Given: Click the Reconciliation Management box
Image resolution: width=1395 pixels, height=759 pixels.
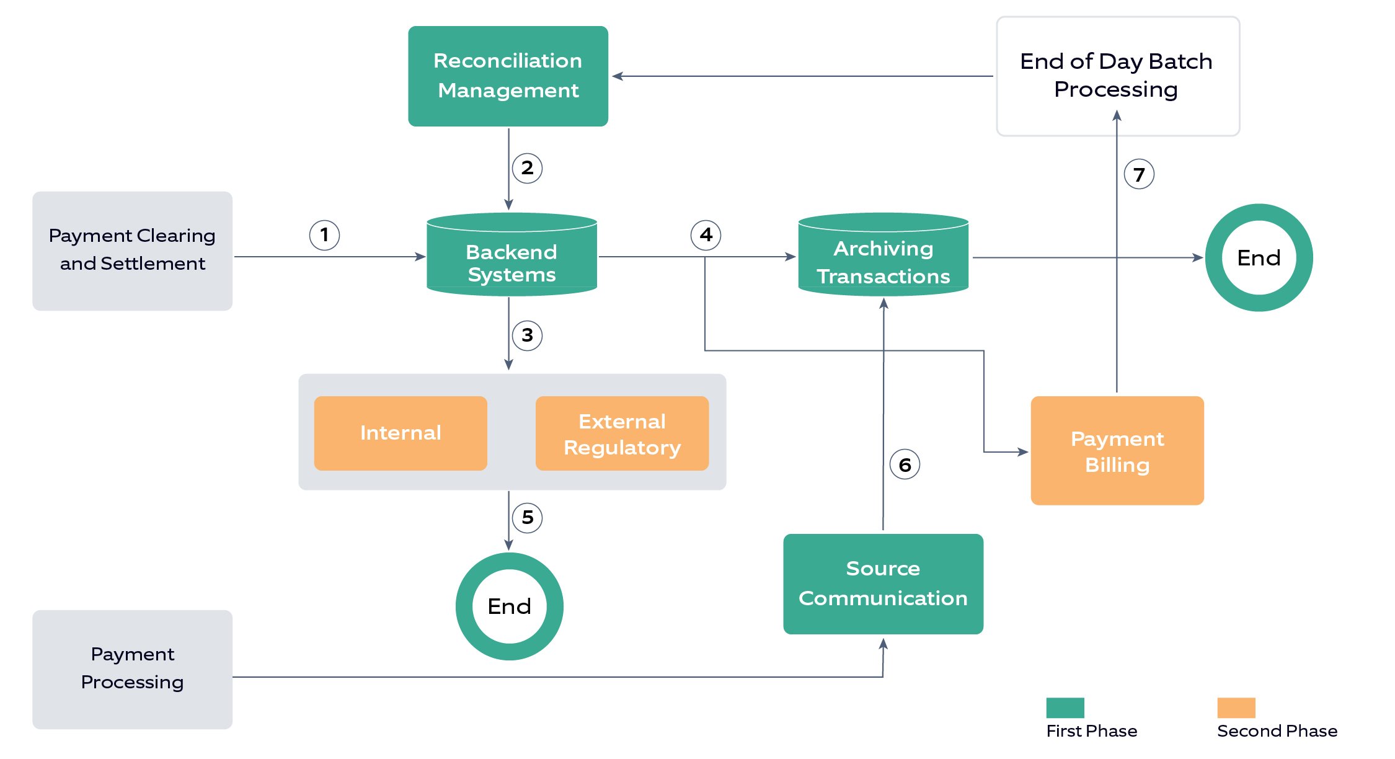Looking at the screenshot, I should [x=508, y=76].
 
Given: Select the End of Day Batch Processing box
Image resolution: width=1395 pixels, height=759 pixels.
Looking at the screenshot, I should [x=1117, y=76].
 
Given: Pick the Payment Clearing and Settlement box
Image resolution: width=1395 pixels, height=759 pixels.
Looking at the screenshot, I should [x=132, y=251].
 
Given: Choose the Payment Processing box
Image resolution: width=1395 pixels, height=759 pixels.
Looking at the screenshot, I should [x=132, y=668].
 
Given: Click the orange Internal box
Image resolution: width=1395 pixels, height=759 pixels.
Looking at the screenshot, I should [x=401, y=433].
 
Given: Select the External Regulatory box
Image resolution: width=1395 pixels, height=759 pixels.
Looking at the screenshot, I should [x=622, y=433].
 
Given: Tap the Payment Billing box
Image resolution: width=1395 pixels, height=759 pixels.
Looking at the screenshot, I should [x=1117, y=451].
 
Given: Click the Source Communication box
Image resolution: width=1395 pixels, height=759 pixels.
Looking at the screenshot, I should [x=883, y=584].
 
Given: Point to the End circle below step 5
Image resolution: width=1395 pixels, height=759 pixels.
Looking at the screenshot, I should [x=509, y=606].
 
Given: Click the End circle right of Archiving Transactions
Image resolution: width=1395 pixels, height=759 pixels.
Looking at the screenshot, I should [x=1259, y=257].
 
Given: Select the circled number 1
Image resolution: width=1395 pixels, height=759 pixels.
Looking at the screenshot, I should [x=324, y=235].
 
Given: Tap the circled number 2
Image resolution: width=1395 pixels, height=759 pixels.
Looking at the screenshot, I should [x=527, y=168].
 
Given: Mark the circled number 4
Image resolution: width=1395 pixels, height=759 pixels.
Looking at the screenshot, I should [x=706, y=235].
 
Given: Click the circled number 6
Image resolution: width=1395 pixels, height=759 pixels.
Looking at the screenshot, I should [x=905, y=464].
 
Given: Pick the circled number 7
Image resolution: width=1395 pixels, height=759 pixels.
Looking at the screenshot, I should [x=1139, y=174].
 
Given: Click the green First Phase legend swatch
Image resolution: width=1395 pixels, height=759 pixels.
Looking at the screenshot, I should [x=1065, y=708].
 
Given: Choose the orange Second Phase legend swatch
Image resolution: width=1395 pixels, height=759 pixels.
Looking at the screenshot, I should [x=1236, y=708].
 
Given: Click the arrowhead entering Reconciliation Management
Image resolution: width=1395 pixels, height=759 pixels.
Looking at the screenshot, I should [x=617, y=76].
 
